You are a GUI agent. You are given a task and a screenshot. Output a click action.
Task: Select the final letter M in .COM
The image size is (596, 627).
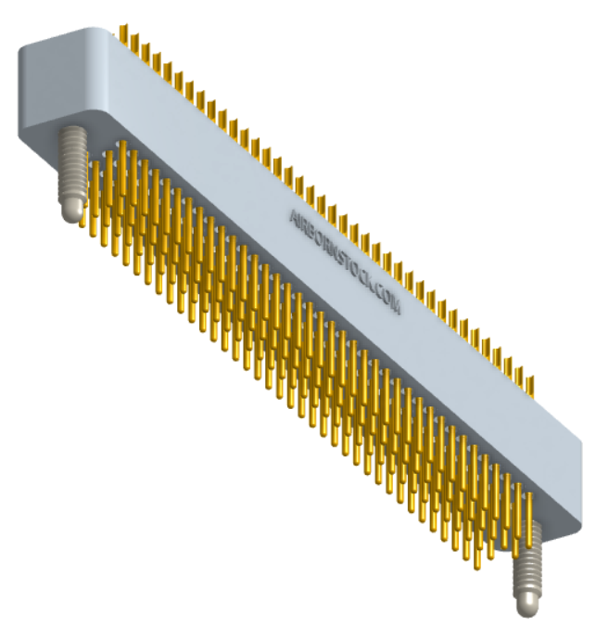point(396,308)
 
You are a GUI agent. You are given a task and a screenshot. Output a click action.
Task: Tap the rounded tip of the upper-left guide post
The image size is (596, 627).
point(71,211)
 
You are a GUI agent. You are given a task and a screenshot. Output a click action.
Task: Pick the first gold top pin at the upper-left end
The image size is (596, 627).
point(121,34)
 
